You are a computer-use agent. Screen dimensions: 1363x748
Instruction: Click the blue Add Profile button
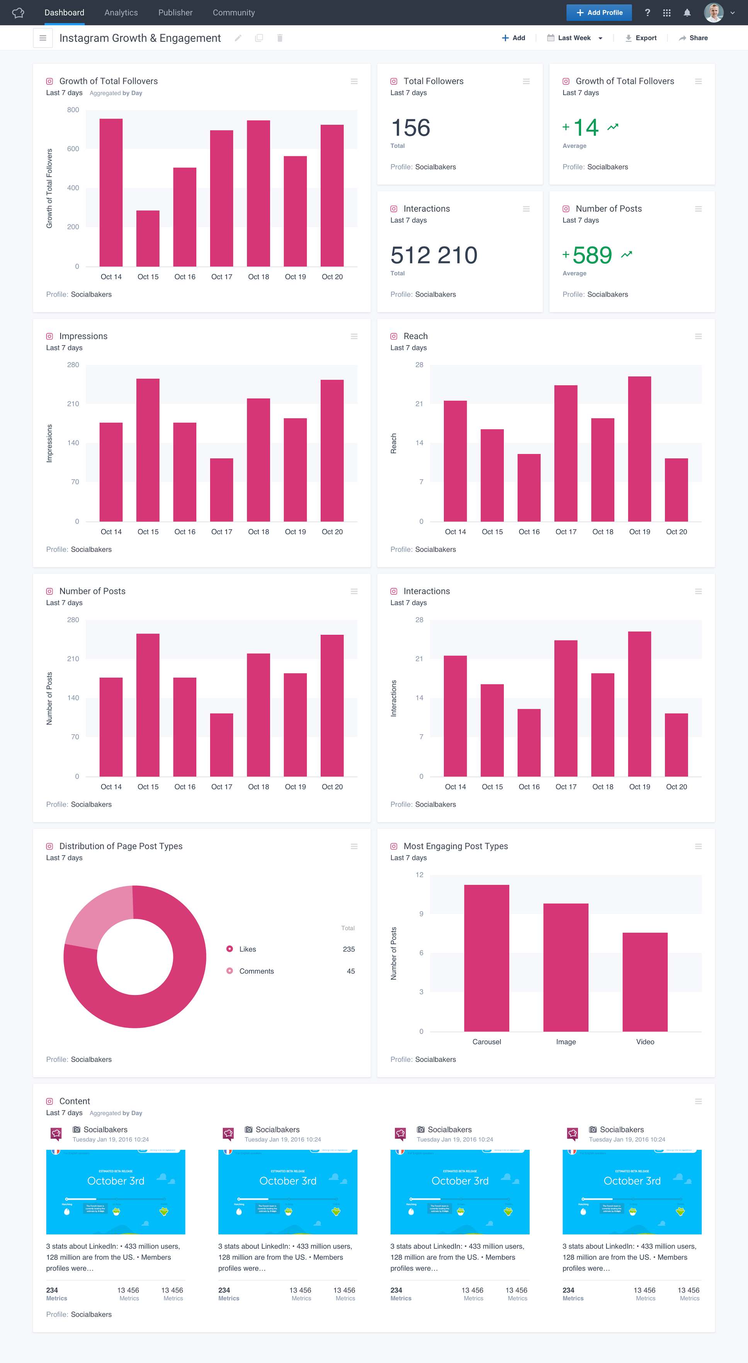pyautogui.click(x=599, y=13)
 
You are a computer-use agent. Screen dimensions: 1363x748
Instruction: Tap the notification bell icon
pyautogui.click(x=687, y=13)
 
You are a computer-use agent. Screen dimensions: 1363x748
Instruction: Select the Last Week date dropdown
pyautogui.click(x=575, y=38)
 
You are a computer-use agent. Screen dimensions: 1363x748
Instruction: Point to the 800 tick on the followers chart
pyautogui.click(x=73, y=110)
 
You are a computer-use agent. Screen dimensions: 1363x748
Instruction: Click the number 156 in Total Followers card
pyautogui.click(x=410, y=128)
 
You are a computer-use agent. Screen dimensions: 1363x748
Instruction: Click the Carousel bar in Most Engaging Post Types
pyautogui.click(x=486, y=958)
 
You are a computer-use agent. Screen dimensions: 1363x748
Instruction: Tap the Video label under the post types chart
pyautogui.click(x=645, y=1042)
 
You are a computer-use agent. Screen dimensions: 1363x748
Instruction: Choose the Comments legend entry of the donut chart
pyautogui.click(x=256, y=971)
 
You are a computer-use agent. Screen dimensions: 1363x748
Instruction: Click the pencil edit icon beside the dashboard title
pyautogui.click(x=238, y=38)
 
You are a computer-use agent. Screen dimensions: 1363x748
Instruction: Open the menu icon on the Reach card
pyautogui.click(x=698, y=337)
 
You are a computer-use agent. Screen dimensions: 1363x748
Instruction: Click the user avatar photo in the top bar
pyautogui.click(x=713, y=13)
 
